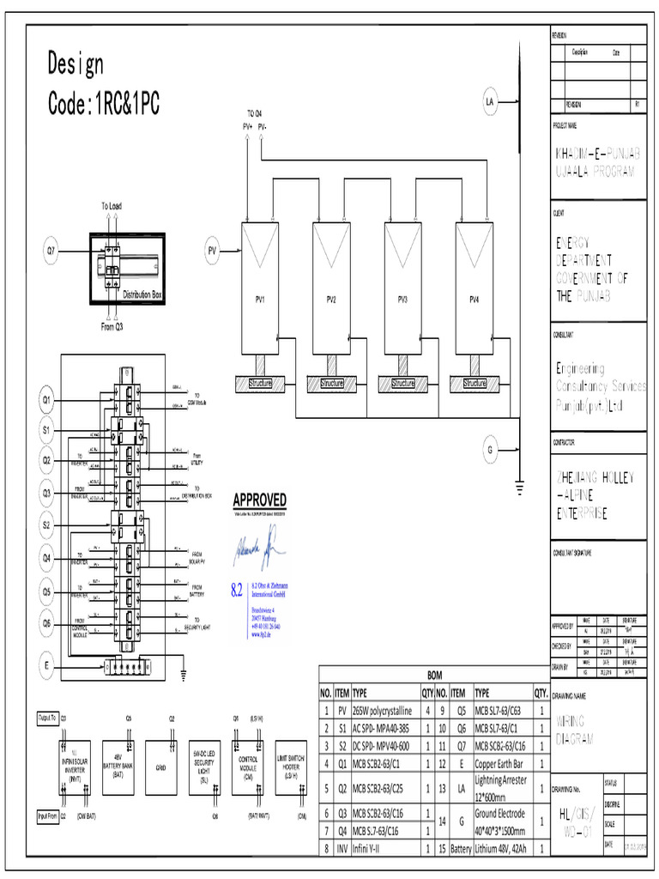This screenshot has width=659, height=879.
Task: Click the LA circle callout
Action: [491, 103]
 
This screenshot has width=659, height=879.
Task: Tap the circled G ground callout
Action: [491, 449]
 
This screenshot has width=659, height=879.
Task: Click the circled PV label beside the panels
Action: [213, 251]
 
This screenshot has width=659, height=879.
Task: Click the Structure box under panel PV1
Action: [259, 383]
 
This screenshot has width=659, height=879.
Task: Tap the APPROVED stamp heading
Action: [260, 500]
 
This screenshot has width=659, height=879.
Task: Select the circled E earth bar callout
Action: [47, 664]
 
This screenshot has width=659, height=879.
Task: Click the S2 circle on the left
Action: [47, 524]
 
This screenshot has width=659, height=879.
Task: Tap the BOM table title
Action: [434, 676]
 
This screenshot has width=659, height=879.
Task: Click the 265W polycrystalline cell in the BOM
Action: [383, 711]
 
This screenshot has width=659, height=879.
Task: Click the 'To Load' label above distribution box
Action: [112, 206]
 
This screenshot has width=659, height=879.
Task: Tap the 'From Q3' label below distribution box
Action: [112, 326]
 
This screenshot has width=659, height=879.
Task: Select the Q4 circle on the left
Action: [47, 558]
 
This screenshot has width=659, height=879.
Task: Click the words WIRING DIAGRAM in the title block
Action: [577, 730]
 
